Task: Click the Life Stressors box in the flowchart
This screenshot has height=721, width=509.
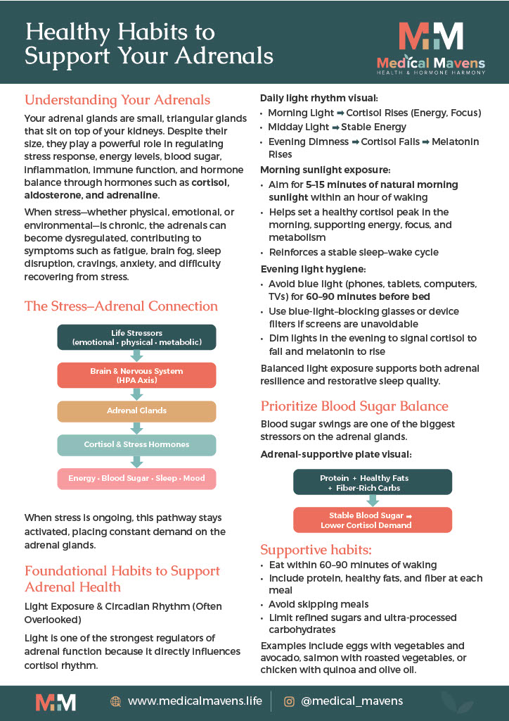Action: tap(136, 337)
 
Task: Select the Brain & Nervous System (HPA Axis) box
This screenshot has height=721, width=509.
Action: tap(136, 375)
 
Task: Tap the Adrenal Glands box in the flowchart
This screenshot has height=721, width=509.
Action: tap(136, 411)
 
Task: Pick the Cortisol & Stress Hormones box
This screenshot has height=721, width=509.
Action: tap(136, 445)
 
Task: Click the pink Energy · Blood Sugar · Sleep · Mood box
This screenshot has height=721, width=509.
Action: tap(136, 479)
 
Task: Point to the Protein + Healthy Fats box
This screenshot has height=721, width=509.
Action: tap(373, 482)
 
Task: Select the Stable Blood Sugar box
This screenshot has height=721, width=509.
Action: tap(373, 520)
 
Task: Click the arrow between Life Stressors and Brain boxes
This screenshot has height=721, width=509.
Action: tap(136, 356)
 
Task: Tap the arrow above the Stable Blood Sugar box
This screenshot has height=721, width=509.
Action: tap(373, 501)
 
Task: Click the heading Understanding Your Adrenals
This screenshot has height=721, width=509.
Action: tap(117, 100)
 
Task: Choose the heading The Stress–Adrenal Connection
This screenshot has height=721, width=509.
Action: tap(121, 306)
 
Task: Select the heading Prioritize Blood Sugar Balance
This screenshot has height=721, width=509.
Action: tap(354, 406)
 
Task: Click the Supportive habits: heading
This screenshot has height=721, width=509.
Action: tap(316, 550)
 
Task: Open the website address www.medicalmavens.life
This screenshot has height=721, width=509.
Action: tap(195, 701)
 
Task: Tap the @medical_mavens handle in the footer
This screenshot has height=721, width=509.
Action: tap(352, 701)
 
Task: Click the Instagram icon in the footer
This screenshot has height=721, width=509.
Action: tap(289, 701)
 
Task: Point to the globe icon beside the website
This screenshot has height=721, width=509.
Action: tap(116, 701)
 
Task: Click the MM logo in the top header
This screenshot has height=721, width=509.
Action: tap(430, 37)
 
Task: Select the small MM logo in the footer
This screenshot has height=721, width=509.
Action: tap(56, 701)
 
